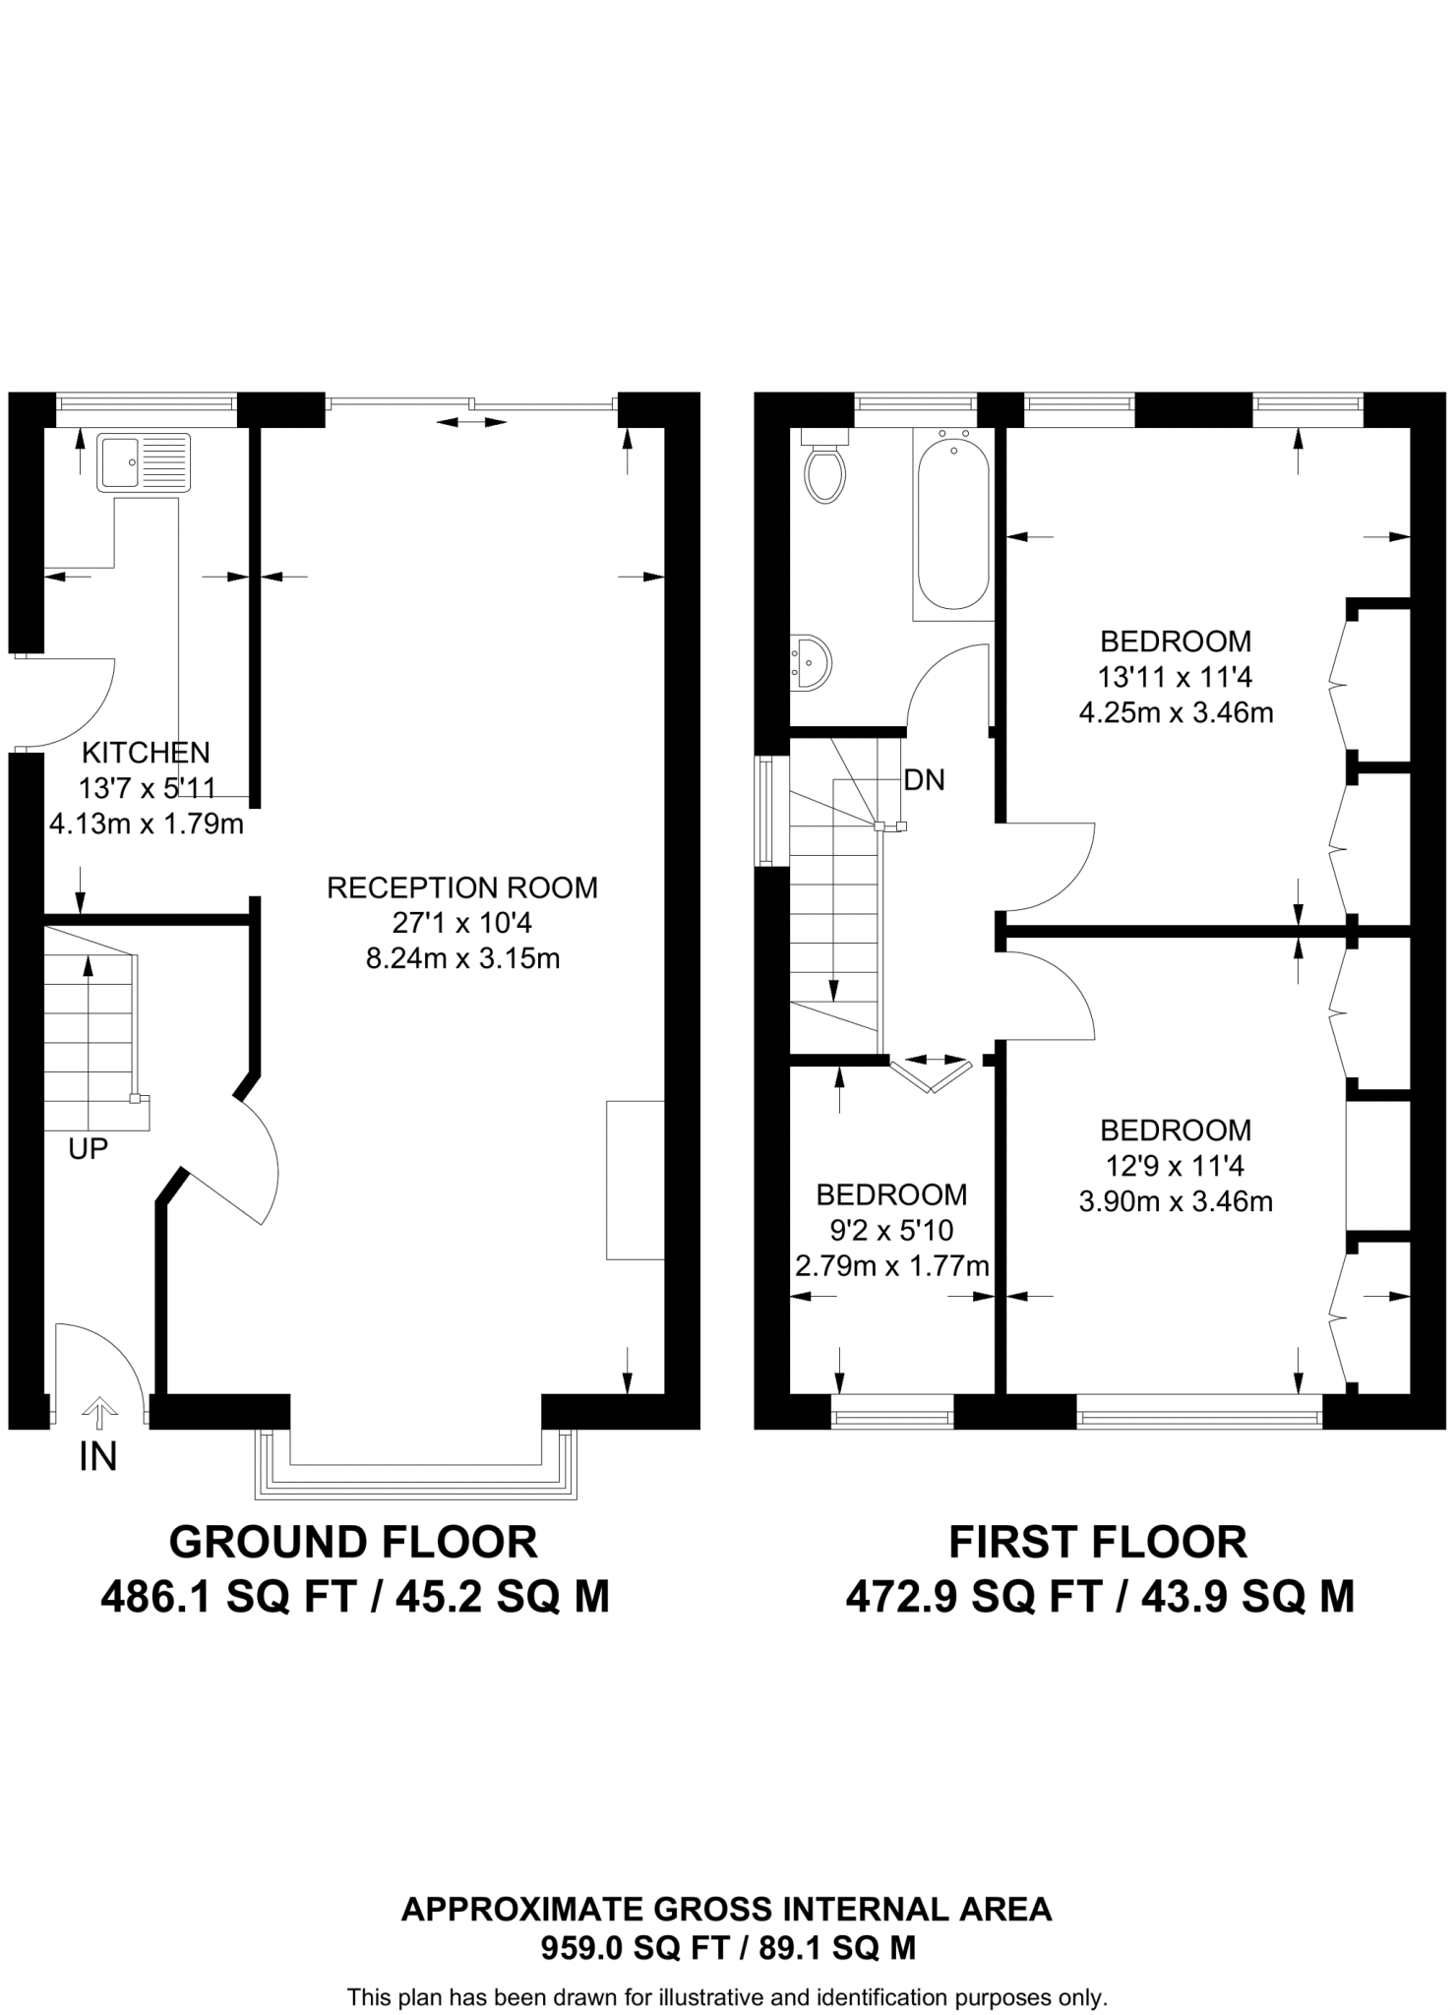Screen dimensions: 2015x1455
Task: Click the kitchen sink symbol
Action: [144, 461]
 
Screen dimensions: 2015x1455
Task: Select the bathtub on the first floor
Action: [952, 521]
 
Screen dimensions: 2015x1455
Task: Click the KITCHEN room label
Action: [146, 753]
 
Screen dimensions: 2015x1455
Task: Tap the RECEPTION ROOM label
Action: [461, 887]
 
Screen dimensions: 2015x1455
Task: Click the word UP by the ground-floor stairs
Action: [88, 1148]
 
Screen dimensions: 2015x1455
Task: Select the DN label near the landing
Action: [924, 780]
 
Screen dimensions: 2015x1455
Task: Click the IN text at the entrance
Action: [97, 1456]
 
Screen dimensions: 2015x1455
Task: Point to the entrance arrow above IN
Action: [98, 1413]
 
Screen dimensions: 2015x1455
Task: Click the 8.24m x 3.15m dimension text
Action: [462, 958]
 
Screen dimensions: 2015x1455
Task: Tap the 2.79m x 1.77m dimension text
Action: [891, 1266]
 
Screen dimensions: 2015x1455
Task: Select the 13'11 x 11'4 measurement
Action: [1175, 677]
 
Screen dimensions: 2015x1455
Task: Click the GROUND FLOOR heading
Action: [353, 1542]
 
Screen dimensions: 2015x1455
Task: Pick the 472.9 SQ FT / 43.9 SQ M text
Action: [1100, 1597]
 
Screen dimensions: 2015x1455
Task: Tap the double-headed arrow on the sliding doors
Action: [471, 422]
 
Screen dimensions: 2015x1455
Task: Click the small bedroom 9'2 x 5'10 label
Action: [891, 1230]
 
